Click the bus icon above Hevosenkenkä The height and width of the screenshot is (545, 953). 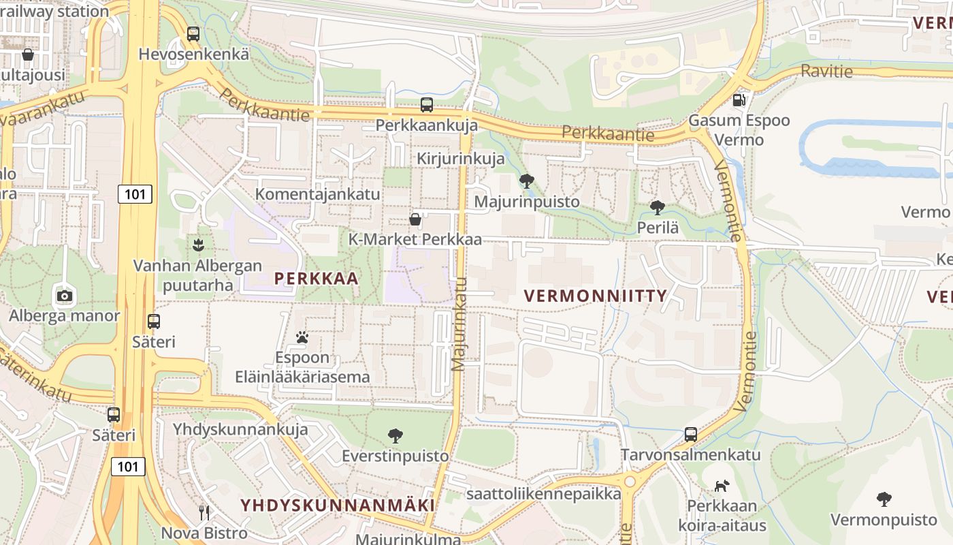[193, 34]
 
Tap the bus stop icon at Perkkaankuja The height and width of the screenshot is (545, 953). [427, 105]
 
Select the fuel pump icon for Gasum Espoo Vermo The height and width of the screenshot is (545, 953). [739, 100]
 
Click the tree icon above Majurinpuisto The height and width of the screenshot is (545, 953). [526, 181]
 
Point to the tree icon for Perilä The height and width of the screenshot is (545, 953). [658, 207]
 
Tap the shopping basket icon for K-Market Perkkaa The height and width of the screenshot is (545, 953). [415, 219]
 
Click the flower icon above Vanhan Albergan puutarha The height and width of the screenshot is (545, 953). [198, 245]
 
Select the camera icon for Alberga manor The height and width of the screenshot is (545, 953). [65, 296]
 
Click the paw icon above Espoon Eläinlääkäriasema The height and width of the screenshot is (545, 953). [302, 337]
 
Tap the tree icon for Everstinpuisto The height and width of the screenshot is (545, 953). [395, 435]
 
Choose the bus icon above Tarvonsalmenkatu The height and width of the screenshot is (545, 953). [691, 434]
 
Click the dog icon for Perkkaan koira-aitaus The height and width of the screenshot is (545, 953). [722, 486]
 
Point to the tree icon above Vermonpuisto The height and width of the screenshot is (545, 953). [884, 499]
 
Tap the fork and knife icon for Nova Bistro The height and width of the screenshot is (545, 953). [204, 512]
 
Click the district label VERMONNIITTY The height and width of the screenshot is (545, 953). [596, 296]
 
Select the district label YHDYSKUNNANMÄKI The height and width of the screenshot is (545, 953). [337, 505]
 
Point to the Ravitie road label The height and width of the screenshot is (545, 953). [826, 70]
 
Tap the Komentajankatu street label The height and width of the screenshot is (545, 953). [317, 194]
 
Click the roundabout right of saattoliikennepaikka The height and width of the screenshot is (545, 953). [630, 482]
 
